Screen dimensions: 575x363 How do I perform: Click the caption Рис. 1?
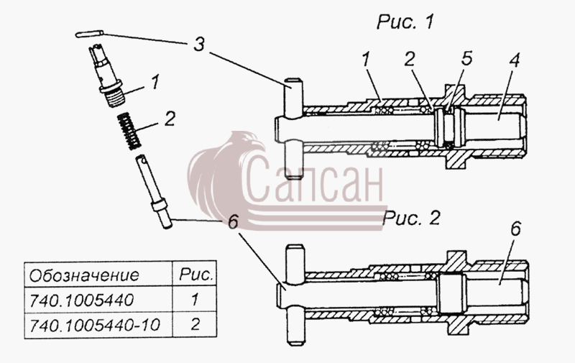(405, 22)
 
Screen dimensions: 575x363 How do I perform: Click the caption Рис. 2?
(411, 219)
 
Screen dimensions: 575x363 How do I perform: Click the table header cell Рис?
(195, 275)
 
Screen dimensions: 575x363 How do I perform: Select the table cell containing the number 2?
(195, 325)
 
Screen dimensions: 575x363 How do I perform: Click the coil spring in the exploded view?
(129, 131)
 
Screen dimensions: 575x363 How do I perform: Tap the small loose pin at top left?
(89, 34)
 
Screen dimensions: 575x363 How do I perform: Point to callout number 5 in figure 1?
(466, 59)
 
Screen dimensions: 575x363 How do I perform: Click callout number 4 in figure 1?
(515, 60)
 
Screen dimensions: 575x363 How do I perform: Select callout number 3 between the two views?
(198, 45)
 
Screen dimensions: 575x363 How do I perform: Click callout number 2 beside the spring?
(170, 119)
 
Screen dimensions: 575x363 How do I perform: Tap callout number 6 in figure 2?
(515, 229)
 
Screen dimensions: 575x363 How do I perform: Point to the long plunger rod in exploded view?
(154, 192)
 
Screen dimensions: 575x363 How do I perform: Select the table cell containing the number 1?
(195, 300)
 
